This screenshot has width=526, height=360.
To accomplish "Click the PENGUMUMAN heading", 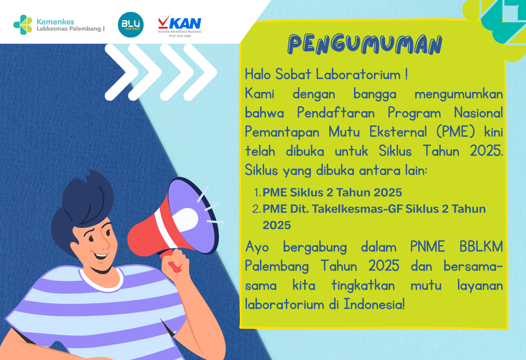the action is coord(365,44).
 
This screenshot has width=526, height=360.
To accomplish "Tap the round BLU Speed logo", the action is coord(131,25).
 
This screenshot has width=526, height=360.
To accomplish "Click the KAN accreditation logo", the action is coord(180,26).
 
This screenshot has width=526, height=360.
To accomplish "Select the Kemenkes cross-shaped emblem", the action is coord(23,25).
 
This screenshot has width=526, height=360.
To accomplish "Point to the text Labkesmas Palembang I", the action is coord(71,29).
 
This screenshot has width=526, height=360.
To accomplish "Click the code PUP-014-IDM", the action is coord(180,36).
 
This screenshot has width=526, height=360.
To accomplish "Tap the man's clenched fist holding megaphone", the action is coord(175,261).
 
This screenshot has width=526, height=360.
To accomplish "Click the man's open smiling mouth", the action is coord(101,256).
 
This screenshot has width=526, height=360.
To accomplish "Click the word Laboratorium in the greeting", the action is coord(358,74).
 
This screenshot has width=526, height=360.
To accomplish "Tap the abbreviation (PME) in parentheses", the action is coord(455,132).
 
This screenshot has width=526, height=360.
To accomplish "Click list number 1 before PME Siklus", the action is coord(257,192).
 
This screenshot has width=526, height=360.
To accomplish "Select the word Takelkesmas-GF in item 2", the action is coord(357,209).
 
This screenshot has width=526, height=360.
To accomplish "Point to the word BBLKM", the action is coord(481,247).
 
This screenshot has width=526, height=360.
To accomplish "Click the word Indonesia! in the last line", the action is coord(374,304).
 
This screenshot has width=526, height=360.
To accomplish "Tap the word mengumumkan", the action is coord(459,95).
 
